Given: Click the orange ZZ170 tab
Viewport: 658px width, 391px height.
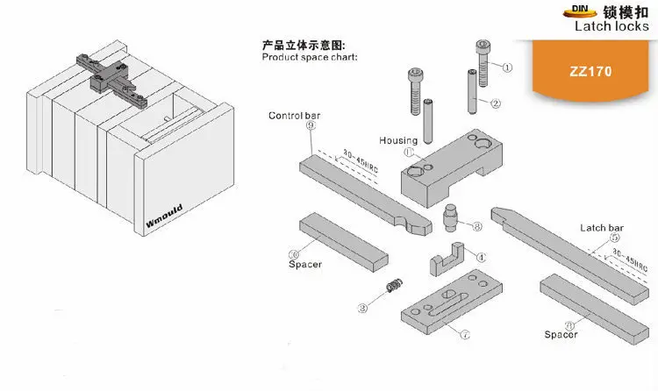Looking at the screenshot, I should click(595, 72).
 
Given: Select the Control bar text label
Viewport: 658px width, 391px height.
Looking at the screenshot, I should click(294, 116).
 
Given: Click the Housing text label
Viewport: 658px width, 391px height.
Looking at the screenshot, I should click(397, 140).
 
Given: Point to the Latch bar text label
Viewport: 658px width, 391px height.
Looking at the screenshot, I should click(600, 228).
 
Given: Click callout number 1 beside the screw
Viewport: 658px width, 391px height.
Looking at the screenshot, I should click(505, 66).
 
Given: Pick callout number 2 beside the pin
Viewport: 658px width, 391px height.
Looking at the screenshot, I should click(496, 103).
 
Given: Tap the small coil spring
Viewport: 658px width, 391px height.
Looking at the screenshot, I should click(394, 286).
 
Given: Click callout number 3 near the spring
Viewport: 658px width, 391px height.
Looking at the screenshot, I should click(361, 308).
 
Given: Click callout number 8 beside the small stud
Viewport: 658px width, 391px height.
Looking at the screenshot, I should click(476, 226).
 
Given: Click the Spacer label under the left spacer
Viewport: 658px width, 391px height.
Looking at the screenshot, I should click(304, 263).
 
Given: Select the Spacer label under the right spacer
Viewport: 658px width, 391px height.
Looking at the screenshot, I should click(561, 334).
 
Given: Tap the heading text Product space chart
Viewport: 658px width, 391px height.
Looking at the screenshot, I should click(310, 57).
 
